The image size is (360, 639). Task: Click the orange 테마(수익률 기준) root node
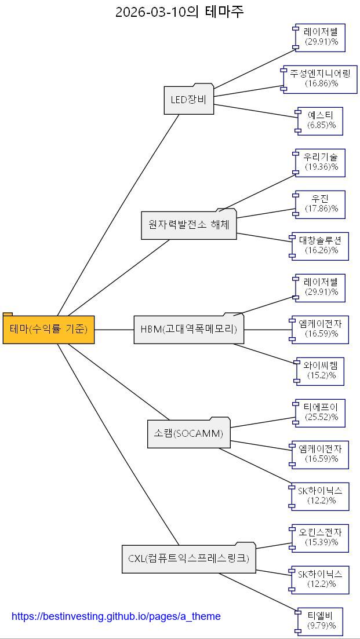49,329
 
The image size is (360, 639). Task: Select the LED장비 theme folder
188,100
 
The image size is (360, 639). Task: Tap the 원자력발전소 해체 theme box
188,225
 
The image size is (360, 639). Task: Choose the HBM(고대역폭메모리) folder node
188,329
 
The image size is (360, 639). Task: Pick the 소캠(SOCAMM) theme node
188,433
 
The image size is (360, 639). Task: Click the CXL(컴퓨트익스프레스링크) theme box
188,558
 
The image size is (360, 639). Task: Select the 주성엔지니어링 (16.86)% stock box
321,79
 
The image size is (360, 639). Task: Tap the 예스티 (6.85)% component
321,121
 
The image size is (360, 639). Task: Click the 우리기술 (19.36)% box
321,162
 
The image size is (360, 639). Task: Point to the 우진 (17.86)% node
321,204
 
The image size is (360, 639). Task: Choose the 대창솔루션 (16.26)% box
321,246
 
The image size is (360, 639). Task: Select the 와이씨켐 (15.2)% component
321,371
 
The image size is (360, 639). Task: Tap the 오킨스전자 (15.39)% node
321,538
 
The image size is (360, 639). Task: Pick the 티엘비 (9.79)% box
321,621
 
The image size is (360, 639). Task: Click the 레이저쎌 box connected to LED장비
321,37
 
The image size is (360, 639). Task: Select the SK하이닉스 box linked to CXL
321,579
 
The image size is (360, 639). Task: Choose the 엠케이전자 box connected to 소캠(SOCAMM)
321,454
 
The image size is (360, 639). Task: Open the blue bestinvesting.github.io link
116,616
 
